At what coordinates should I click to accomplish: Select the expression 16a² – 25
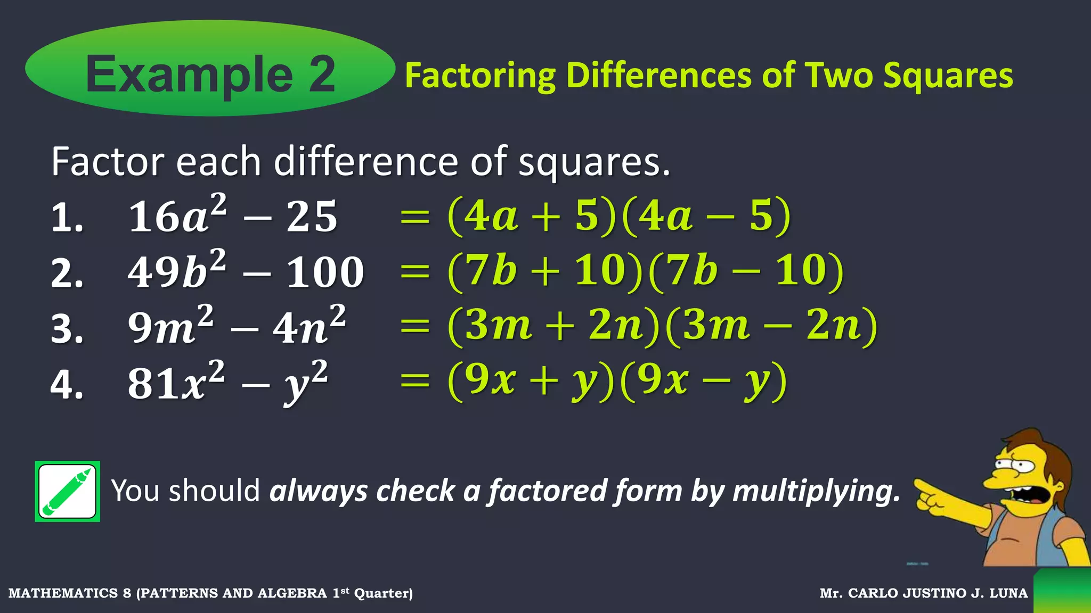click(x=233, y=215)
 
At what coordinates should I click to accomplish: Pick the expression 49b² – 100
click(x=246, y=270)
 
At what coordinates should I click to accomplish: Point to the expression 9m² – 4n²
click(x=237, y=326)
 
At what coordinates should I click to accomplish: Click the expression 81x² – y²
click(x=228, y=381)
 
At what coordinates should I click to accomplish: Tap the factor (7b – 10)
click(x=747, y=271)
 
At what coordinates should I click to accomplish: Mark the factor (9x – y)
click(x=704, y=381)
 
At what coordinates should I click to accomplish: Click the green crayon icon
click(x=67, y=491)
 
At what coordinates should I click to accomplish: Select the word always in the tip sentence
click(x=319, y=491)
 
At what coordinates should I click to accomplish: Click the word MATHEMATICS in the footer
click(x=63, y=593)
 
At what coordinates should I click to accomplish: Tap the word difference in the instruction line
click(x=365, y=161)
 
